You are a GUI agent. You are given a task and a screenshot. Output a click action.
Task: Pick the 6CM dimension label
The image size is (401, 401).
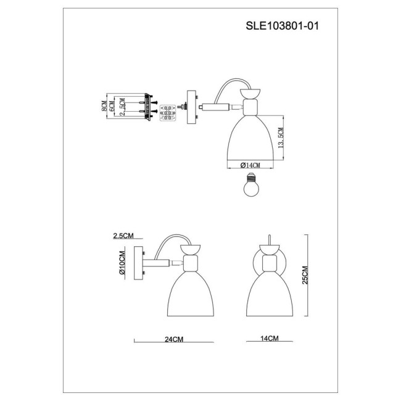[x=112, y=107]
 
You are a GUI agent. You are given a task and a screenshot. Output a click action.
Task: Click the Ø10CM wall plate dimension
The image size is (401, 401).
[x=122, y=263]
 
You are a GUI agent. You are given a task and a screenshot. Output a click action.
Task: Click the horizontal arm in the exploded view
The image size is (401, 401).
[x=218, y=107]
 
